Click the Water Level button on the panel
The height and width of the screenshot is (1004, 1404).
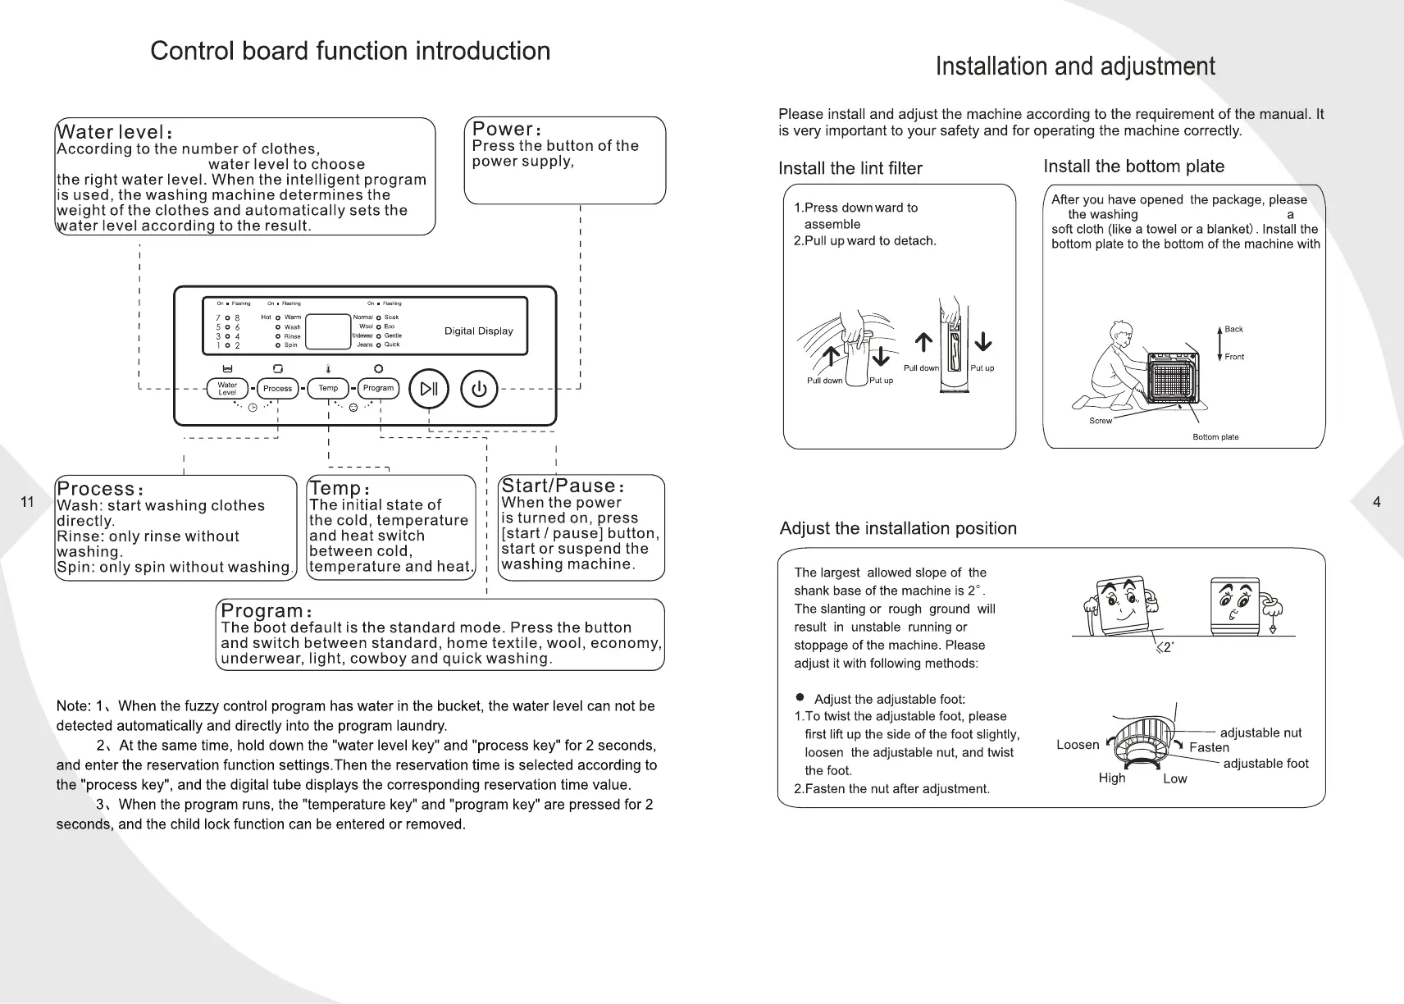click(227, 389)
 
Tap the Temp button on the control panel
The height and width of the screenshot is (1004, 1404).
click(328, 389)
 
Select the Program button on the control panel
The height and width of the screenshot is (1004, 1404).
click(378, 389)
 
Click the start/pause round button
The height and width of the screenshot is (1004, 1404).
click(429, 389)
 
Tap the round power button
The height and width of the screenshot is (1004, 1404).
click(479, 389)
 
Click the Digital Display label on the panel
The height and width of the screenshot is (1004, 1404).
click(478, 331)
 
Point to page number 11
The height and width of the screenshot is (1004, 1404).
click(27, 502)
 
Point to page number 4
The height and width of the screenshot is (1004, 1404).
click(1376, 502)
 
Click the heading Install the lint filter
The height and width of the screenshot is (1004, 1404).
click(850, 168)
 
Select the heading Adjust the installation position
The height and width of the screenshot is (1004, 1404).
click(898, 528)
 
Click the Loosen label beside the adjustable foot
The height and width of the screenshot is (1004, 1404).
click(1078, 745)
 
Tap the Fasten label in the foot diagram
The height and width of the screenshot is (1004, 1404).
click(1209, 747)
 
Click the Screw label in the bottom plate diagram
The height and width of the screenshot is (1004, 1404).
click(1100, 421)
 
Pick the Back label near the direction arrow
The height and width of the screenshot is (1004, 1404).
click(1233, 330)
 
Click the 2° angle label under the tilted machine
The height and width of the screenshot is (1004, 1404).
click(1166, 648)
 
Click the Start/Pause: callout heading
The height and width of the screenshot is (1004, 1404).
click(563, 486)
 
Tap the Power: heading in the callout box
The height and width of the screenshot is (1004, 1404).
click(506, 130)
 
